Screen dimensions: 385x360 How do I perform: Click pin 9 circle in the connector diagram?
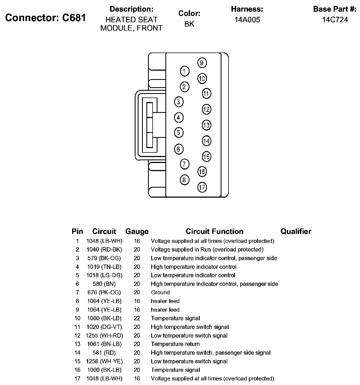pos(202,63)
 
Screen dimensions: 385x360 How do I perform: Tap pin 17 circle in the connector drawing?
pos(202,187)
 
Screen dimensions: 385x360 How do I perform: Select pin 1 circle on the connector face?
pos(185,71)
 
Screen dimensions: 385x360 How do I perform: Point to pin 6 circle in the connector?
pos(178,149)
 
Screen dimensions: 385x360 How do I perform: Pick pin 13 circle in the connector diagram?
pos(206,125)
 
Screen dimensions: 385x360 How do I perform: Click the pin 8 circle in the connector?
pos(185,180)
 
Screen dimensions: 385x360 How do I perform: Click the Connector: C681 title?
pos(46,18)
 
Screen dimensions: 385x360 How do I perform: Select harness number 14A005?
pos(247,19)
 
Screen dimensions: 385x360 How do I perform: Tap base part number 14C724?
pos(335,19)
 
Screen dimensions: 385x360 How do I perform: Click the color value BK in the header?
pos(189,24)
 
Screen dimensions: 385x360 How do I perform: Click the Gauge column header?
pos(137,231)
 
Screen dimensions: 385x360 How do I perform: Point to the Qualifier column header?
pos(296,231)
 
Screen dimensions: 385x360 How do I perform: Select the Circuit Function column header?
pos(214,231)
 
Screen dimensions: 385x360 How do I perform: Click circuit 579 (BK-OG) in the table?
pos(104,258)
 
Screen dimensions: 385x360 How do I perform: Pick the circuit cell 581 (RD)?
pos(104,353)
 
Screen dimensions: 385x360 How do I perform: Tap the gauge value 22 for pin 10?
pos(137,318)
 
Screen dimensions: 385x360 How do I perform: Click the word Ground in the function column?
pos(160,292)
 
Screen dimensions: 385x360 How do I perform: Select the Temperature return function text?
pos(175,344)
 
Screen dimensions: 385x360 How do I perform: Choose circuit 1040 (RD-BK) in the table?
pos(104,249)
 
